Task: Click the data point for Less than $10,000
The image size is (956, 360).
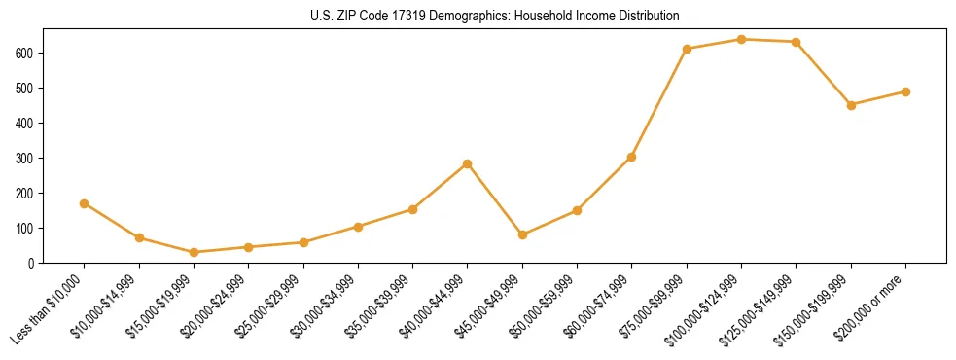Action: coord(85,203)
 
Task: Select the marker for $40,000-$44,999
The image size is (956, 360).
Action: coord(468,163)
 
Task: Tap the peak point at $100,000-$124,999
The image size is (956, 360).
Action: coord(742,39)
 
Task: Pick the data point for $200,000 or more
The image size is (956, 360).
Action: coord(906,91)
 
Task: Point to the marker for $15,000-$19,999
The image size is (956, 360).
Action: coord(195,252)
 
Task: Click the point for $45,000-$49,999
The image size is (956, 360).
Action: coord(523,234)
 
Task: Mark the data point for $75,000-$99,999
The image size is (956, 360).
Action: coord(688,49)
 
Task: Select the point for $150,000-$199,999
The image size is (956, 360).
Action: coord(852,105)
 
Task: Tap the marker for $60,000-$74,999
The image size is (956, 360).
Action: coord(632,157)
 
